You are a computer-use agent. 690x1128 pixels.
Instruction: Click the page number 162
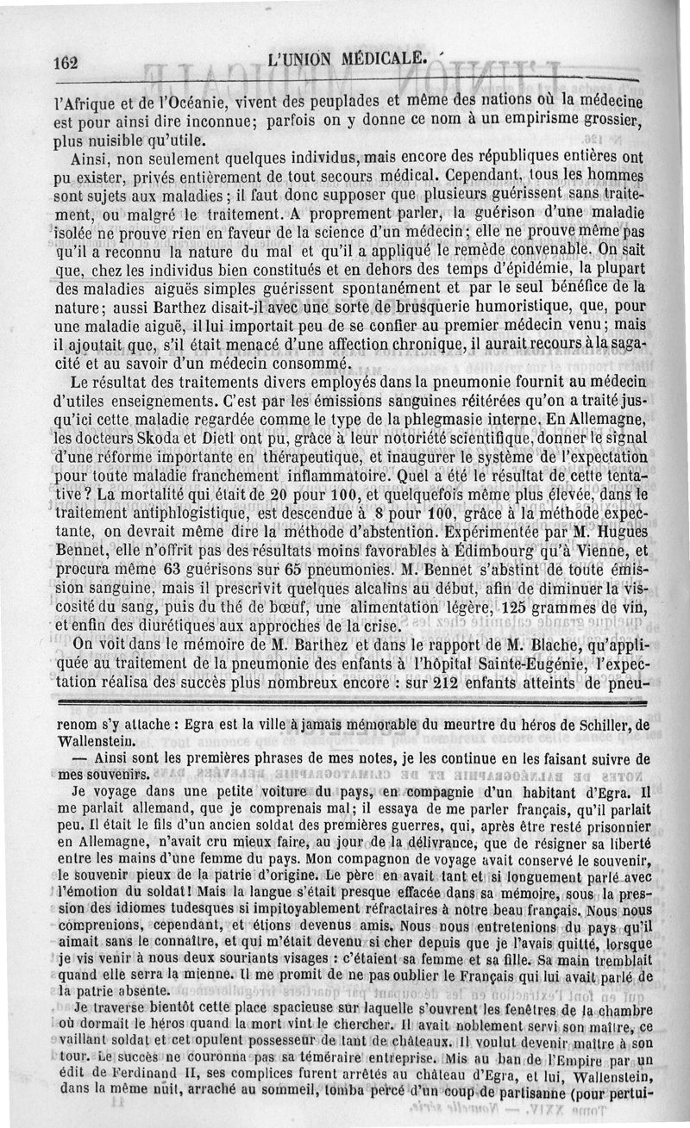click(66, 62)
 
